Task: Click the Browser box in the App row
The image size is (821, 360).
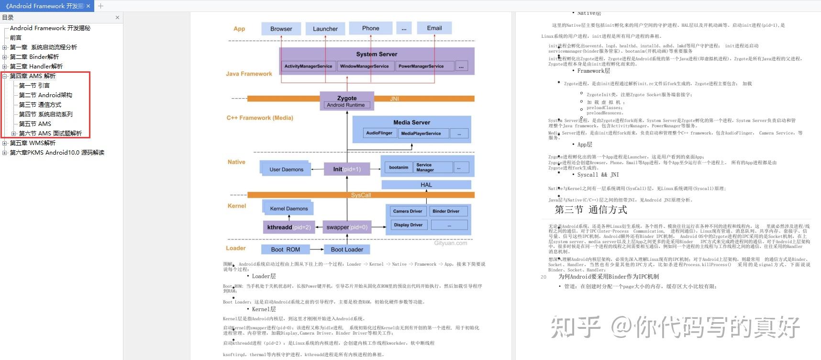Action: pyautogui.click(x=281, y=29)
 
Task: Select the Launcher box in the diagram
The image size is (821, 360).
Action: pyautogui.click(x=325, y=29)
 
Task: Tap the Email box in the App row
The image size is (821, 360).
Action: pyautogui.click(x=434, y=28)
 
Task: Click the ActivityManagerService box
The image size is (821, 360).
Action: pyautogui.click(x=308, y=66)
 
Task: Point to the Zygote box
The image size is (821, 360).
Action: pyautogui.click(x=347, y=98)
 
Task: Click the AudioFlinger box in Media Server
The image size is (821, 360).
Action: pyautogui.click(x=379, y=133)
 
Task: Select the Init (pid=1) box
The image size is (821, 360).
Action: pyautogui.click(x=347, y=169)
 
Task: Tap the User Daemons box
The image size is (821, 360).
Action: pyautogui.click(x=286, y=169)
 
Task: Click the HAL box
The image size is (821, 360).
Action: pyautogui.click(x=426, y=185)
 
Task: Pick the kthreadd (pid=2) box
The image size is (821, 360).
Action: pyautogui.click(x=288, y=227)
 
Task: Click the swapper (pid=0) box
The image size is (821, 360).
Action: pyautogui.click(x=347, y=227)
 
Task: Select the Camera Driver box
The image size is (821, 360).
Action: pyautogui.click(x=407, y=211)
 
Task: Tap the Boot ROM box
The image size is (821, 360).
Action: pyautogui.click(x=285, y=249)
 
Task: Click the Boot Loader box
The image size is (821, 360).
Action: pyautogui.click(x=347, y=249)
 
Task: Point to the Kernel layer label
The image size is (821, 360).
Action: pyautogui.click(x=236, y=206)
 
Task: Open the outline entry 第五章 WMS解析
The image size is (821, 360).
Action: pyautogui.click(x=33, y=143)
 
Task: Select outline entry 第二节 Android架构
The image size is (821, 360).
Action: pyautogui.click(x=45, y=95)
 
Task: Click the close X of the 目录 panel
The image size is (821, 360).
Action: pyautogui.click(x=117, y=18)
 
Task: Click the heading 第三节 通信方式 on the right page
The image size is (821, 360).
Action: pyautogui.click(x=590, y=210)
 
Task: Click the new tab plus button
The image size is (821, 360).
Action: pyautogui.click(x=100, y=6)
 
